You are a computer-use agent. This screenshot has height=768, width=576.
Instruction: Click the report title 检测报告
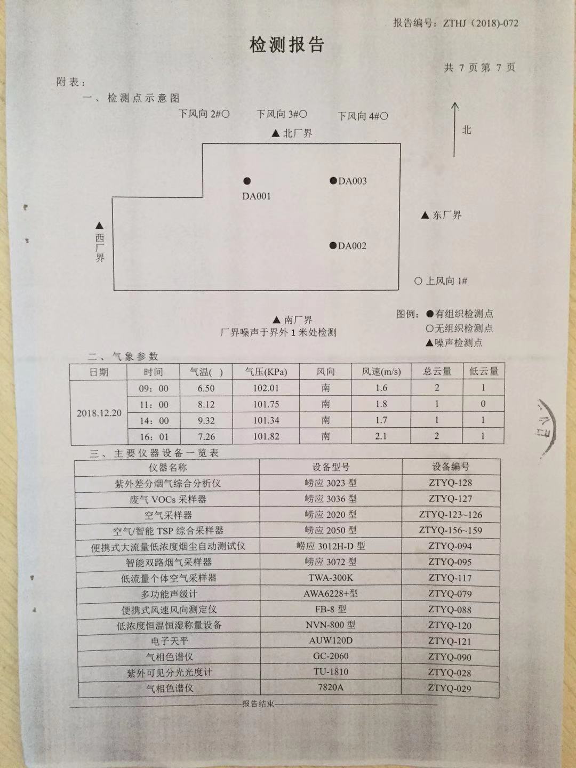(287, 45)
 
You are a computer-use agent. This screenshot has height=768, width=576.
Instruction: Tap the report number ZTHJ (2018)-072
(477, 23)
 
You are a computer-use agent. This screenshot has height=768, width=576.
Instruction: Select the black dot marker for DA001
(247, 181)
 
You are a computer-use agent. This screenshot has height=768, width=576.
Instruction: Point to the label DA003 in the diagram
(353, 181)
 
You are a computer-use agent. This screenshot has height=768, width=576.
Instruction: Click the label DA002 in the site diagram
(353, 246)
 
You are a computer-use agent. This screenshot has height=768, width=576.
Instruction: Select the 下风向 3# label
(281, 114)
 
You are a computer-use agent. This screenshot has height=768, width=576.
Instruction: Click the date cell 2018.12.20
(99, 413)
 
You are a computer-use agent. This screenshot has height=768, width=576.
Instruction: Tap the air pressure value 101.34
(266, 420)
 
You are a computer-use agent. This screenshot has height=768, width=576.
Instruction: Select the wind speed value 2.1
(381, 436)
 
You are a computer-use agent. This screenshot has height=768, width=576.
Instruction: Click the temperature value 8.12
(206, 404)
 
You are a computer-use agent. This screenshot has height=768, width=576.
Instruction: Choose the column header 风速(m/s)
(381, 372)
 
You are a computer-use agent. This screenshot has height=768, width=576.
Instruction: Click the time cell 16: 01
(154, 437)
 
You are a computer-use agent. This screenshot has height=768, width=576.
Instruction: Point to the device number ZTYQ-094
(450, 546)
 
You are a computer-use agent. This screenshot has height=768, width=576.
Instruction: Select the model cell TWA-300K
(331, 578)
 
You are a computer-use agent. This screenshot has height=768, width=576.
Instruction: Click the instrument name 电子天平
(169, 641)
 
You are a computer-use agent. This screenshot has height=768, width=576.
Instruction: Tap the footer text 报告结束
(258, 704)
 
